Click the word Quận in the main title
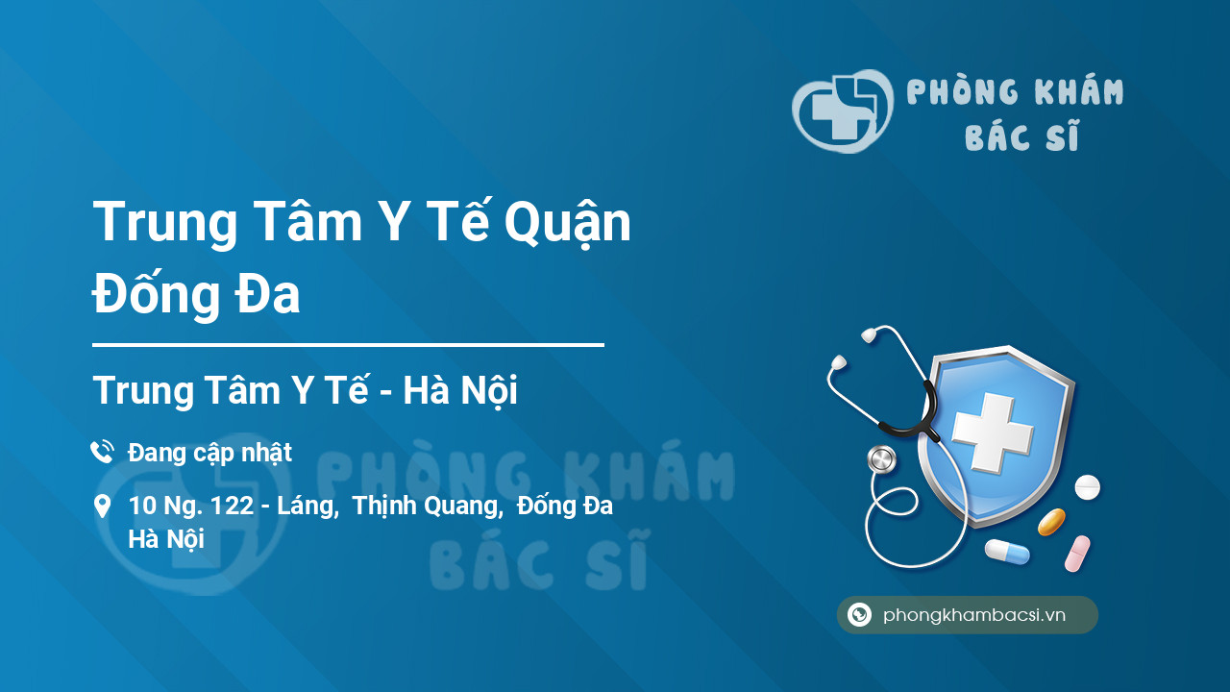(x=568, y=222)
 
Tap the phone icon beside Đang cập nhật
(x=102, y=452)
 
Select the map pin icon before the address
(x=102, y=507)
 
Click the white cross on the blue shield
(x=993, y=432)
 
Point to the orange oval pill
(x=1051, y=522)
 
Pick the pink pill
(x=1077, y=554)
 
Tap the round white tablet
(x=1087, y=487)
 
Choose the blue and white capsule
(x=1007, y=552)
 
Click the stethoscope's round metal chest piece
(x=882, y=459)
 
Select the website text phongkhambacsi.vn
(x=974, y=615)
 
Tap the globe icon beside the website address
(x=859, y=614)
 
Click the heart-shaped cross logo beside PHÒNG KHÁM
(x=843, y=111)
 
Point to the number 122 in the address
(x=232, y=506)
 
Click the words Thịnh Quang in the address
(x=428, y=507)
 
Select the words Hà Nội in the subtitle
(x=460, y=390)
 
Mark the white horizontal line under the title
(x=348, y=345)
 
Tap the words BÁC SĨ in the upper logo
(x=1021, y=136)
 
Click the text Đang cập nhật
(x=209, y=453)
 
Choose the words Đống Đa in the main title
(x=196, y=294)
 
